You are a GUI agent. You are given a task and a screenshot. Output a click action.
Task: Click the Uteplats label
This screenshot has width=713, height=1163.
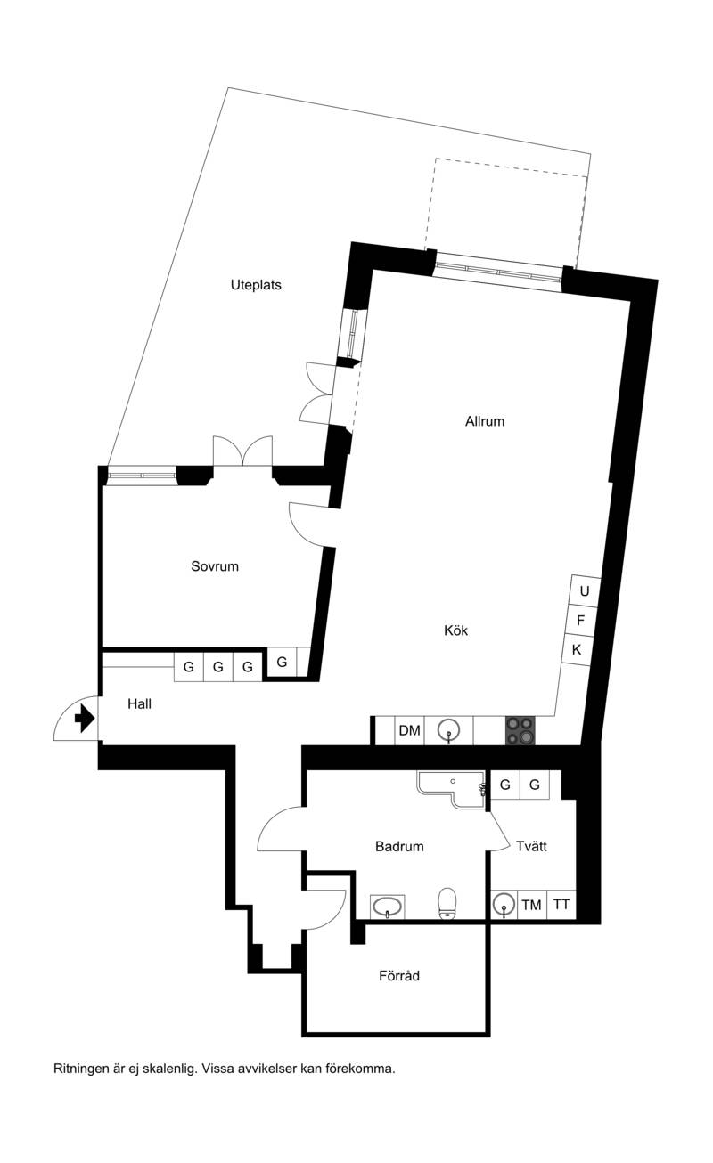point(256,285)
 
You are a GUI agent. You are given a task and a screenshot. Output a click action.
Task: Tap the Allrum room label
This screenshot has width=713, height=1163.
point(484,421)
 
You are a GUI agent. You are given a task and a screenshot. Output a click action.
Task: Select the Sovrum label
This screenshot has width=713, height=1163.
point(215,566)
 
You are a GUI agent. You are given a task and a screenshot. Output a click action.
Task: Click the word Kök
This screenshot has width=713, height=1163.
point(455,630)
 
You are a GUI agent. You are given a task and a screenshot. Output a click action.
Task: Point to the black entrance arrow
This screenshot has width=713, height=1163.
point(85,720)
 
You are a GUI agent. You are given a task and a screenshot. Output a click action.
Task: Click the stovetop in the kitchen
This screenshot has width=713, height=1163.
point(520,730)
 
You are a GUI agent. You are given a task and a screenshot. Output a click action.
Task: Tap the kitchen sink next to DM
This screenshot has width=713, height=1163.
point(448,730)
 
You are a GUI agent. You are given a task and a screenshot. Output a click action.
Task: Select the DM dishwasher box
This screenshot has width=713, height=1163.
point(409,730)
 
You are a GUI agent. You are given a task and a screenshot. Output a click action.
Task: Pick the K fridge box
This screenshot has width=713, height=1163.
point(577,649)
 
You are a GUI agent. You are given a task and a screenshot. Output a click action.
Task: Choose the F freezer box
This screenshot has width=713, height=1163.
point(581,620)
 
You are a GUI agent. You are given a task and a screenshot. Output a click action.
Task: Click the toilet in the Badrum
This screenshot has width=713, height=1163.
point(447,902)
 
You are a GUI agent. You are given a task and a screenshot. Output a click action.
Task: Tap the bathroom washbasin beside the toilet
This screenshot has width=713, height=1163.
point(387,907)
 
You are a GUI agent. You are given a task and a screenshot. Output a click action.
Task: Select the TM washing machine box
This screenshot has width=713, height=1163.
point(532,906)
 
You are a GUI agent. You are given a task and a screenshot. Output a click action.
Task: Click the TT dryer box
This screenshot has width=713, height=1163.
point(561,906)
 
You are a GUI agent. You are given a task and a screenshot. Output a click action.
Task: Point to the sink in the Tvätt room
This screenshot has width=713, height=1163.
point(504,905)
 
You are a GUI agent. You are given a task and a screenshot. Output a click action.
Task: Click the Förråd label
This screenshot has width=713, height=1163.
point(398,976)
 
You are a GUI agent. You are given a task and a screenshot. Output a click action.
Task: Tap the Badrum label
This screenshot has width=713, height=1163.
point(399,846)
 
